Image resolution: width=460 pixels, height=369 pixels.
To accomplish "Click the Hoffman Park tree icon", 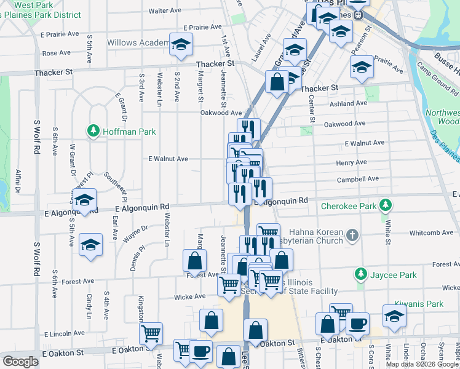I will pyautogui.click(x=93, y=131).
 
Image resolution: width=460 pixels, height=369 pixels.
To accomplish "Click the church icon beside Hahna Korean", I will pyautogui.click(x=352, y=235).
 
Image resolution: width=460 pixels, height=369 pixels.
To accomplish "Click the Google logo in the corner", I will pyautogui.click(x=20, y=362).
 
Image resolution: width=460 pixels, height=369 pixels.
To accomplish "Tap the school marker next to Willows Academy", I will pyautogui.click(x=180, y=45).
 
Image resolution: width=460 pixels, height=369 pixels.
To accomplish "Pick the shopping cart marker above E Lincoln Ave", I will pyautogui.click(x=151, y=334).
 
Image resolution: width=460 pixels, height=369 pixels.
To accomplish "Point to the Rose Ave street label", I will pyautogui.click(x=56, y=54).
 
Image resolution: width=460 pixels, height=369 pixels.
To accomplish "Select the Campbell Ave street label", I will pyautogui.click(x=357, y=179).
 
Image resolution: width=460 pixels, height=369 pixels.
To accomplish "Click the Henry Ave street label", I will pyautogui.click(x=351, y=163).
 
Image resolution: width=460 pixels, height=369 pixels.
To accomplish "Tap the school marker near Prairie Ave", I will pyautogui.click(x=362, y=68).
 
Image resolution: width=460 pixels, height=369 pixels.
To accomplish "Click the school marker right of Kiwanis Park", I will pyautogui.click(x=394, y=316).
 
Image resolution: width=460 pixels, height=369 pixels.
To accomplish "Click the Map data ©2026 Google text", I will pyautogui.click(x=422, y=363).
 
